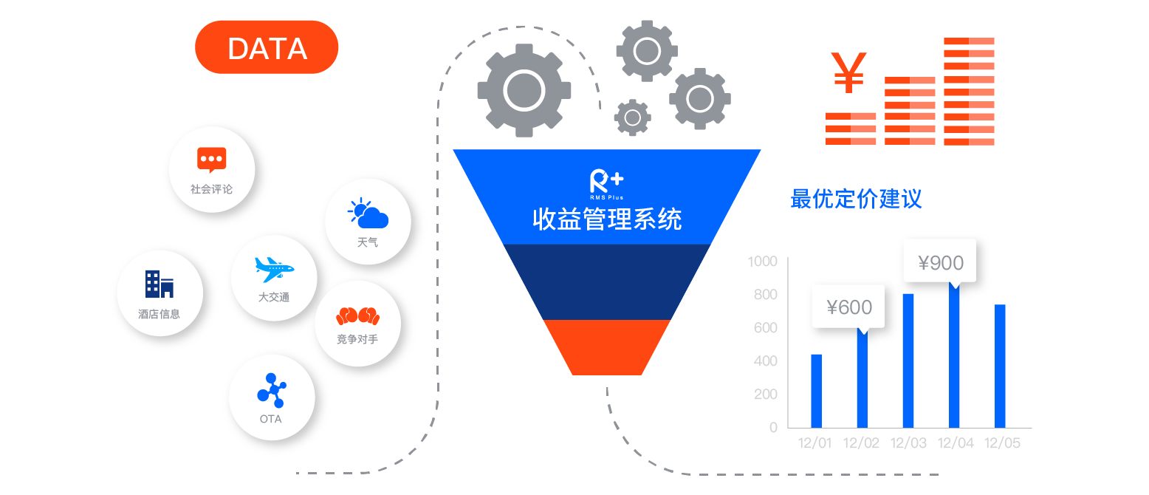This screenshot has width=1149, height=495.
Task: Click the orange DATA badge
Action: (x=267, y=47)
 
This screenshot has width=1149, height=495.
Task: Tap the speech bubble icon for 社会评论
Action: (x=211, y=159)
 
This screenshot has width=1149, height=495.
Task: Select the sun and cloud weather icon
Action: (x=368, y=214)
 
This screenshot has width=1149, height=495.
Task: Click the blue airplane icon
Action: (x=274, y=269)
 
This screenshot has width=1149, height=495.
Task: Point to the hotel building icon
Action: (x=159, y=284)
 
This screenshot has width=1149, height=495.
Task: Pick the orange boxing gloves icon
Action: (x=357, y=315)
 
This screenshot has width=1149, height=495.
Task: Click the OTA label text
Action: (x=270, y=419)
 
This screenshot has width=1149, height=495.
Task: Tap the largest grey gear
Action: (x=524, y=90)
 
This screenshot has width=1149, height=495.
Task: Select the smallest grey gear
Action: (x=632, y=117)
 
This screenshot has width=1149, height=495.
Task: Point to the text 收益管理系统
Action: (x=606, y=219)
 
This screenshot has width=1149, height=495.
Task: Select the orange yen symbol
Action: (x=848, y=72)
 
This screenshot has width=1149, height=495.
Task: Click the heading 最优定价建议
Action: (x=856, y=199)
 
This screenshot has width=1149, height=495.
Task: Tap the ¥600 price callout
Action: (x=849, y=307)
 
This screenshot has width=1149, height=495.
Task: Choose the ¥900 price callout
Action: (x=941, y=263)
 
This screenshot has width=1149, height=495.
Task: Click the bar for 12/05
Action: (x=1000, y=366)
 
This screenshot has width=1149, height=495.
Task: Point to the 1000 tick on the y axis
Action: (x=762, y=262)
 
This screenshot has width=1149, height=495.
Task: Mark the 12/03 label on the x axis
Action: (x=908, y=443)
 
